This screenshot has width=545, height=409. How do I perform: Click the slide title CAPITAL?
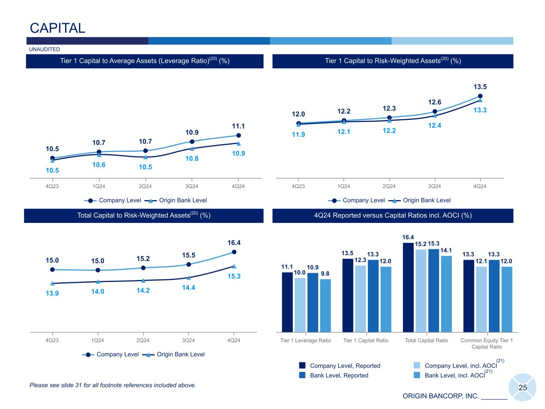(x=57, y=28)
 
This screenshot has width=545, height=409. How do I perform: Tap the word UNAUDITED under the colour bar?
(x=45, y=50)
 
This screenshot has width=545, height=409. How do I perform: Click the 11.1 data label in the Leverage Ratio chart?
(x=238, y=126)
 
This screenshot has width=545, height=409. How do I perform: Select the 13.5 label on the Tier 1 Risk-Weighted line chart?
(x=480, y=87)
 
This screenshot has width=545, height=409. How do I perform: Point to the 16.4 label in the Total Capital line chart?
(x=234, y=243)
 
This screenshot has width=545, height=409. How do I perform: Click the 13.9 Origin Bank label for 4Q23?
(x=52, y=293)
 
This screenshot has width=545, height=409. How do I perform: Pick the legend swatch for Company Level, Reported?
(x=302, y=365)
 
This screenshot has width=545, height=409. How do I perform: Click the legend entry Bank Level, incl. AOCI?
(x=454, y=375)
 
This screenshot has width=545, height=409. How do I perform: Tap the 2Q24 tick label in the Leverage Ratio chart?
(x=145, y=187)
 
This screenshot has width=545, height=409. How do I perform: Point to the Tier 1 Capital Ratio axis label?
(x=366, y=341)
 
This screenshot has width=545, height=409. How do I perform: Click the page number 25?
(x=523, y=387)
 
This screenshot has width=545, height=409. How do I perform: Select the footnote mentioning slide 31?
(x=113, y=385)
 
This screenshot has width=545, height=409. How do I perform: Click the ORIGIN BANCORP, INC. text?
(x=440, y=396)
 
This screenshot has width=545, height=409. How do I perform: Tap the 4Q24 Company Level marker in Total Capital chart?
(x=234, y=252)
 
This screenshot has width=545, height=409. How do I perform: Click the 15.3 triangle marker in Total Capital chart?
(x=234, y=266)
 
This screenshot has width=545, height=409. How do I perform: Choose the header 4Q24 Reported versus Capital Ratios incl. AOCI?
(x=393, y=216)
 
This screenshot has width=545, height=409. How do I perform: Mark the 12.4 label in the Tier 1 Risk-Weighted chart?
(x=435, y=125)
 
